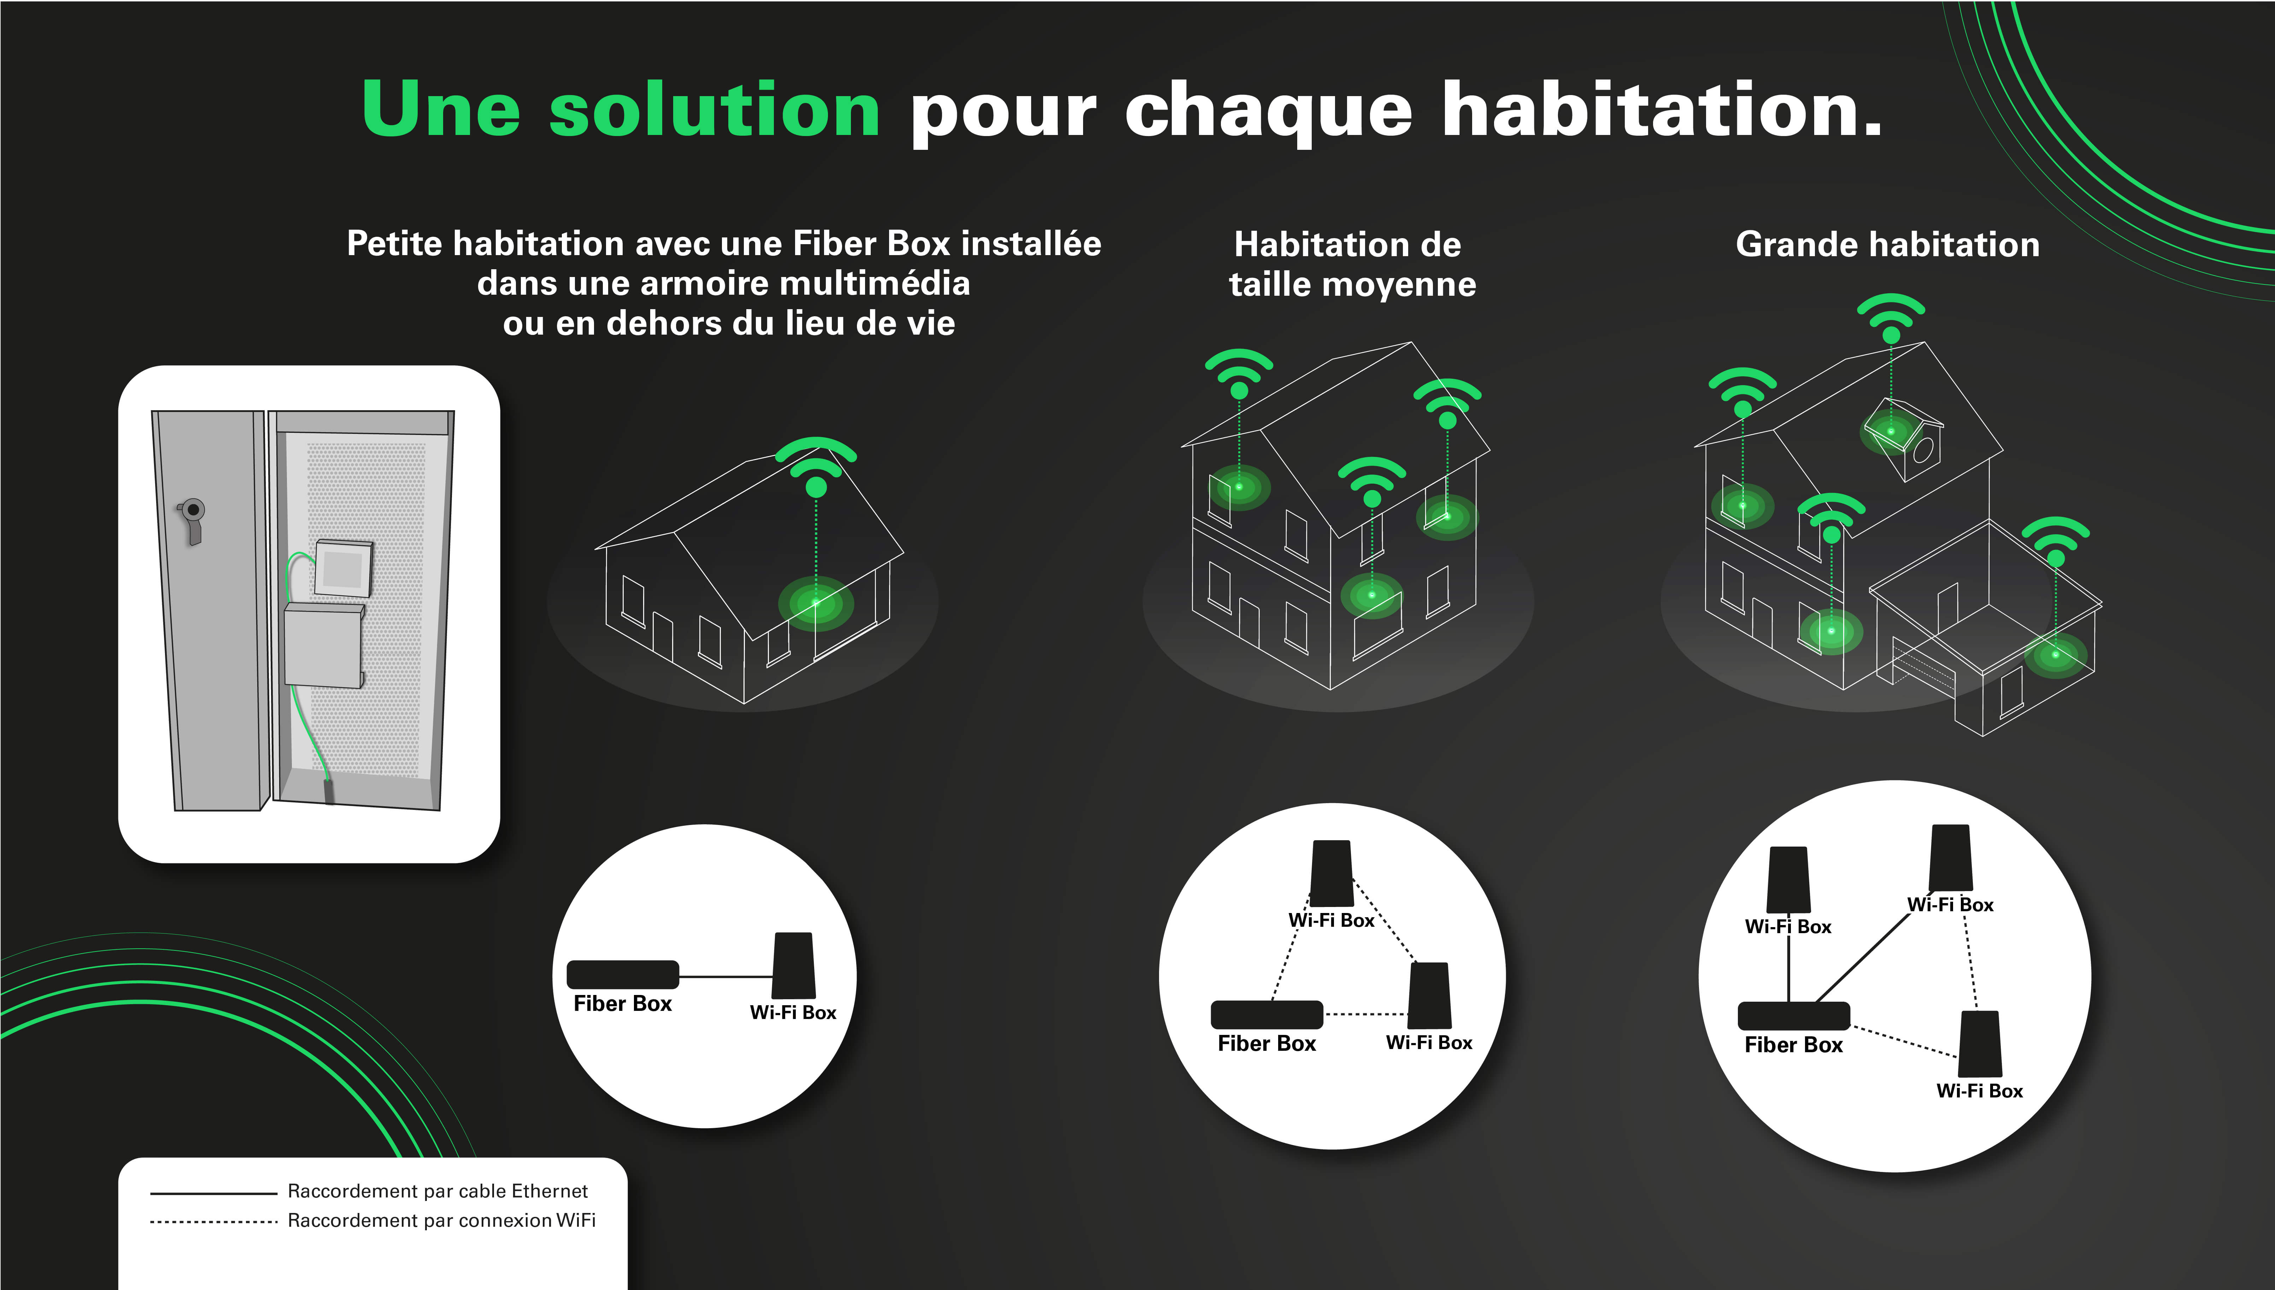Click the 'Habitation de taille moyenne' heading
(1352, 264)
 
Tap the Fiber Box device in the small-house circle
(623, 974)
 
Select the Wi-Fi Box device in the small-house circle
(794, 965)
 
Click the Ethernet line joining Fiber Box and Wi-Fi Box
(725, 976)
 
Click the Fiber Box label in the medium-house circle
(1267, 1044)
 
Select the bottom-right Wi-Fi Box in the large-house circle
(1980, 1044)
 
